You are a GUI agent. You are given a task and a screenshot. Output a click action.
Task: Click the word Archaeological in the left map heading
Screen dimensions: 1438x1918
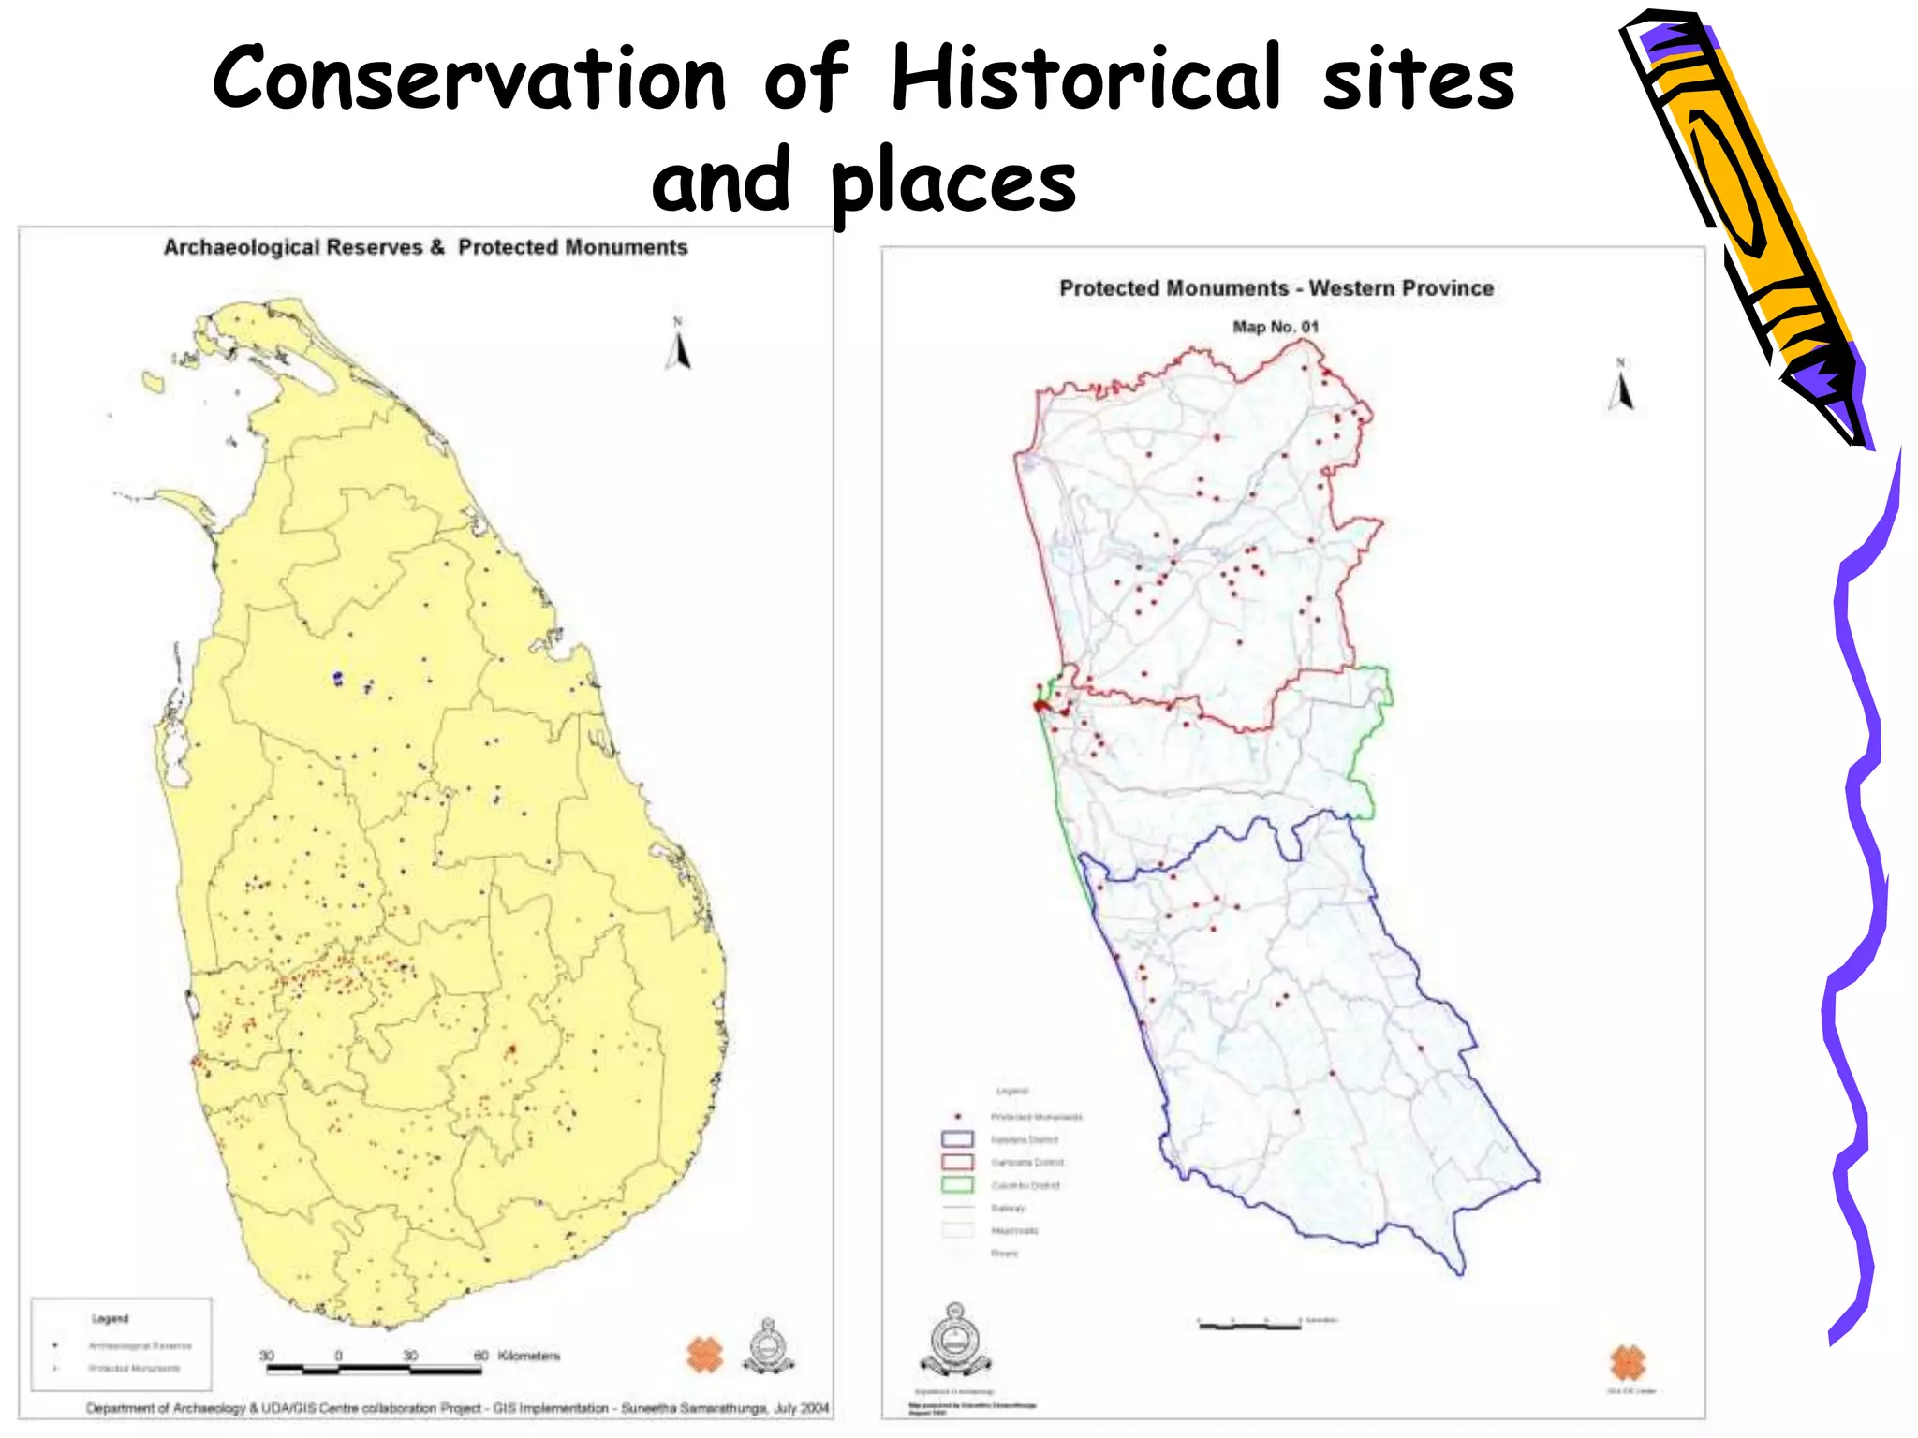pos(293,247)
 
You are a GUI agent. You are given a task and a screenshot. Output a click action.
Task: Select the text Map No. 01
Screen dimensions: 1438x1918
pos(1275,327)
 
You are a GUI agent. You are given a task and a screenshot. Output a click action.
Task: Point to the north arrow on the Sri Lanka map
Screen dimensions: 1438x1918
pos(680,347)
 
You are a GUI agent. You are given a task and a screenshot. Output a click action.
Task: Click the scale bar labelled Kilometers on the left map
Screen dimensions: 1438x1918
pos(374,1370)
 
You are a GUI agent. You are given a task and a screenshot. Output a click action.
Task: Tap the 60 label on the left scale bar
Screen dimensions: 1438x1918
pos(480,1355)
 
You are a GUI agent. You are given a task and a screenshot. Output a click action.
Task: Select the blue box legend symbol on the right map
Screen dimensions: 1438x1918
pos(957,1139)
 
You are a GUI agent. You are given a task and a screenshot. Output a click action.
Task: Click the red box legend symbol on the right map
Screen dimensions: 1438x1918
pos(957,1162)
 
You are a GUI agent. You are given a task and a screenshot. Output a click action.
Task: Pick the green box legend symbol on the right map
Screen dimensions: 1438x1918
pos(957,1184)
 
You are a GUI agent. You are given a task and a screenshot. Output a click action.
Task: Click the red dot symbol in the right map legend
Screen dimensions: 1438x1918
pos(957,1117)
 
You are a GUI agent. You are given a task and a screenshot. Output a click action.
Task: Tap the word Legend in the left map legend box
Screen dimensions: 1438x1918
pos(110,1318)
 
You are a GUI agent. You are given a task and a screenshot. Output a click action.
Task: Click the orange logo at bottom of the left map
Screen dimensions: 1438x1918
pos(704,1355)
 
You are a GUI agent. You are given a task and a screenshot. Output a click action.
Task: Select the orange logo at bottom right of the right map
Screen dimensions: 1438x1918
pos(1628,1362)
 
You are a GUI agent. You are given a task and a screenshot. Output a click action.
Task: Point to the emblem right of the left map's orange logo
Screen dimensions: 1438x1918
pos(768,1349)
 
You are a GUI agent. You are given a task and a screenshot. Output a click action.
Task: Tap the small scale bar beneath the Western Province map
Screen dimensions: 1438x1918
pos(1249,1326)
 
